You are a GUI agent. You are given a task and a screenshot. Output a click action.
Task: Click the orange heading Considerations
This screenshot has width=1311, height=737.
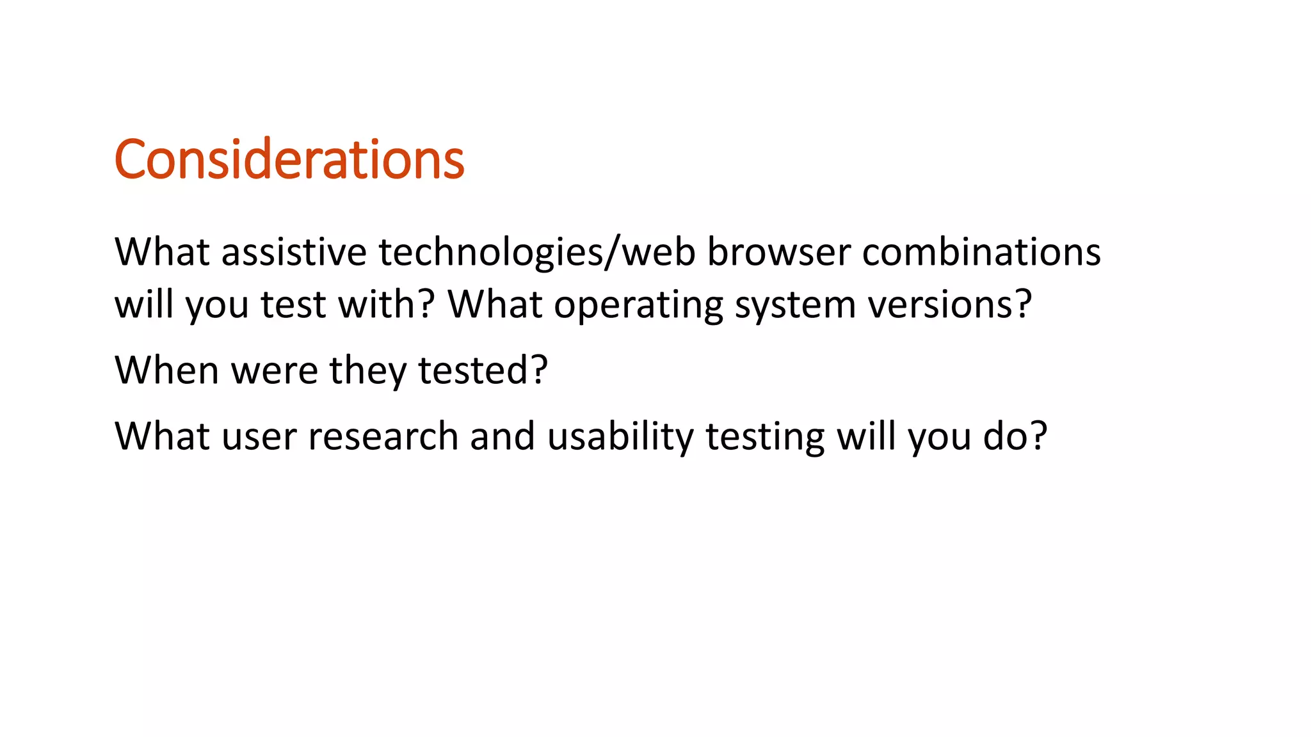tap(289, 160)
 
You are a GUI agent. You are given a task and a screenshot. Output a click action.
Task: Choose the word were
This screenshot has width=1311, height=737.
tap(275, 371)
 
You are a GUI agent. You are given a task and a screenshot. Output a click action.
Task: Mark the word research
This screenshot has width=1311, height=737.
tap(383, 436)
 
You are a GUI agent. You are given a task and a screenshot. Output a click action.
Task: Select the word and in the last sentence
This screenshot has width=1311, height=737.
tap(503, 436)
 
